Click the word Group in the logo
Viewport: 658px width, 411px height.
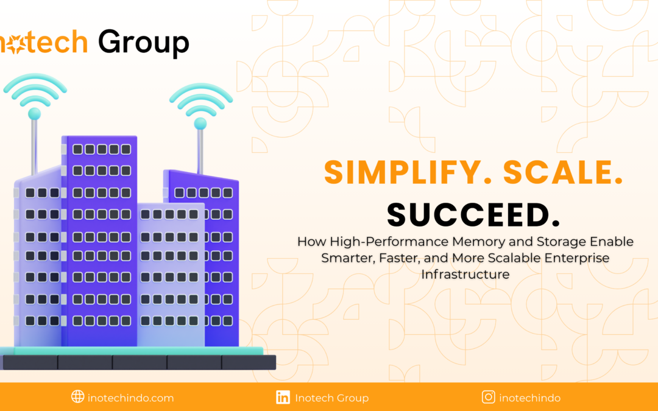coord(144,43)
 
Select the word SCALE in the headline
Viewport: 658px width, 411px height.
coord(563,172)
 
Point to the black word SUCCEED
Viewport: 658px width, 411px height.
coord(473,215)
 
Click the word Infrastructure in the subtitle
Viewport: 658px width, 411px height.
coord(465,274)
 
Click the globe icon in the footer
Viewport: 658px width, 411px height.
coord(77,396)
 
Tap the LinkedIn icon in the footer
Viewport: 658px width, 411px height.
coord(283,397)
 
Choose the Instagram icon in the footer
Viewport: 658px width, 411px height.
coord(489,397)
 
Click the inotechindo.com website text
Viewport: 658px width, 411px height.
coord(130,398)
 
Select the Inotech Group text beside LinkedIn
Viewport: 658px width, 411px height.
coord(332,398)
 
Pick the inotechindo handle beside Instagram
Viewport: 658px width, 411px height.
coord(530,398)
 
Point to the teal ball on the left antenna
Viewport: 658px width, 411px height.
coord(34,114)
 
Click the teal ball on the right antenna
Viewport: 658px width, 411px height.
coord(200,123)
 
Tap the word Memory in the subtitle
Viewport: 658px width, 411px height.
coord(479,242)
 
